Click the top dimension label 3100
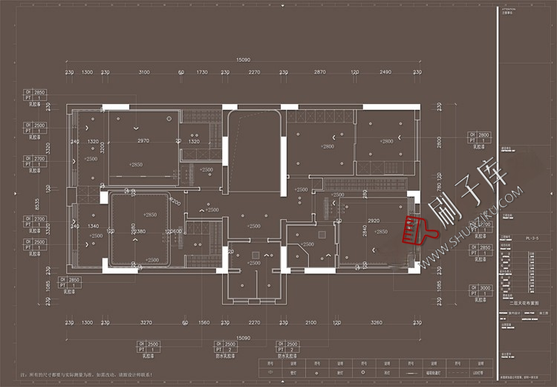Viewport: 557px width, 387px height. point(144,72)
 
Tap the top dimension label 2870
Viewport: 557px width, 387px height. point(319,72)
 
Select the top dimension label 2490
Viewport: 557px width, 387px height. point(385,72)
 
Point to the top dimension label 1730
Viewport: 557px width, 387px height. point(202,72)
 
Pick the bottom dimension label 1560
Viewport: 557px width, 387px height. point(203,322)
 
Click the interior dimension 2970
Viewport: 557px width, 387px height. point(143,140)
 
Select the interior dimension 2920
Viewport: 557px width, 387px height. point(374,221)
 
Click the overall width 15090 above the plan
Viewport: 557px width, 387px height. point(243,59)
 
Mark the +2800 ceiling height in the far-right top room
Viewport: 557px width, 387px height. point(386,141)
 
